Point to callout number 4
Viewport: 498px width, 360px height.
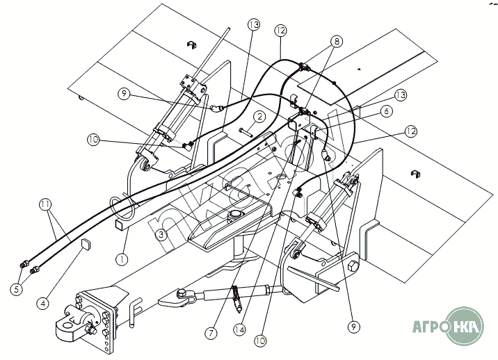pos(43,304)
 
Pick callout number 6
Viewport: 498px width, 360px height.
pos(386,111)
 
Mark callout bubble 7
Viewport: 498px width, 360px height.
pos(211,333)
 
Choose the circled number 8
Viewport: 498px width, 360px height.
pos(337,41)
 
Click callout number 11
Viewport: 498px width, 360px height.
pos(46,204)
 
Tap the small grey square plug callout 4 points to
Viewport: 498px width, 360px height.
pos(86,243)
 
